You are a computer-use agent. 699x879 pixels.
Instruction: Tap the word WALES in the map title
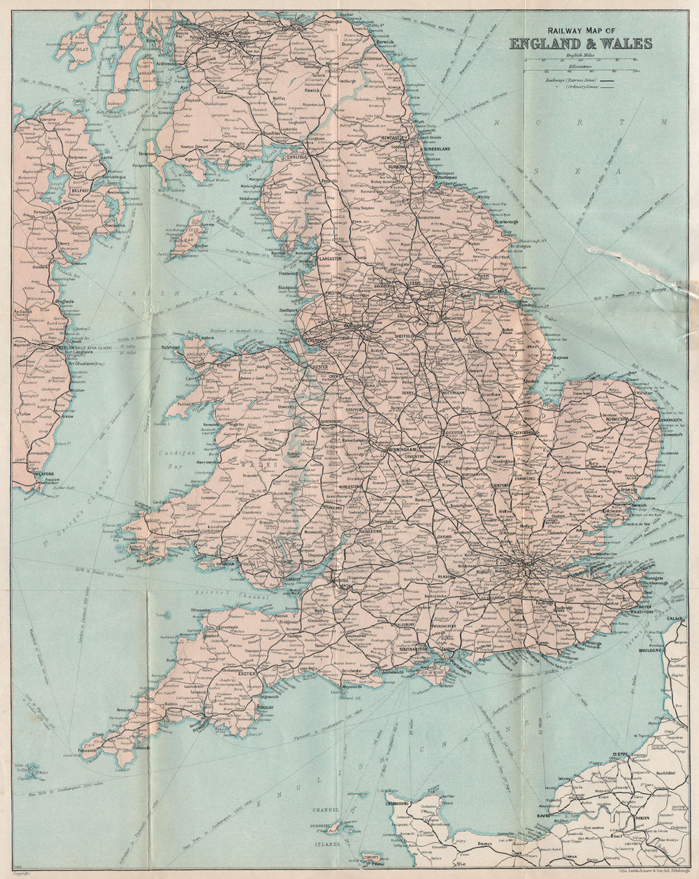tap(628, 43)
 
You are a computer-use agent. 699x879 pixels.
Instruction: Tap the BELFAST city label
tap(82, 190)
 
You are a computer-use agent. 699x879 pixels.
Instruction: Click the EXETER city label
tap(248, 673)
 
